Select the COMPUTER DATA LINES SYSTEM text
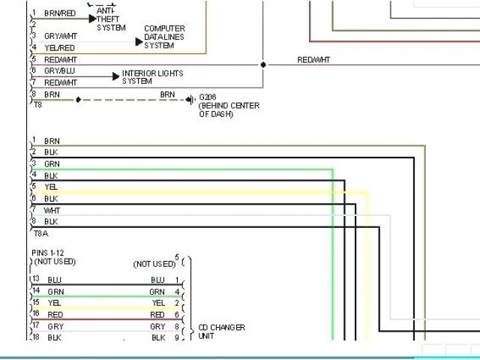163,37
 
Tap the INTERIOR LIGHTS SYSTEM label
152,76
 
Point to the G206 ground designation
208,97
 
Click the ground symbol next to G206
193,98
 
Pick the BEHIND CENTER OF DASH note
229,110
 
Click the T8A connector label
38,234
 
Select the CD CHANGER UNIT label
221,331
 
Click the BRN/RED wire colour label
60,13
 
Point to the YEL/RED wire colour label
60,48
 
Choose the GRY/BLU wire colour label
59,70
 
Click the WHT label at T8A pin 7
52,211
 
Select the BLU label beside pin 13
55,280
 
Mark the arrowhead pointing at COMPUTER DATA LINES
139,41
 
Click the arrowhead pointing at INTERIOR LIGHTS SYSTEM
115,76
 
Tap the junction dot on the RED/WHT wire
262,64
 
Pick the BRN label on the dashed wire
168,94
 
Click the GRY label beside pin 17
55,327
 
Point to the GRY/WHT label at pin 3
60,36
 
